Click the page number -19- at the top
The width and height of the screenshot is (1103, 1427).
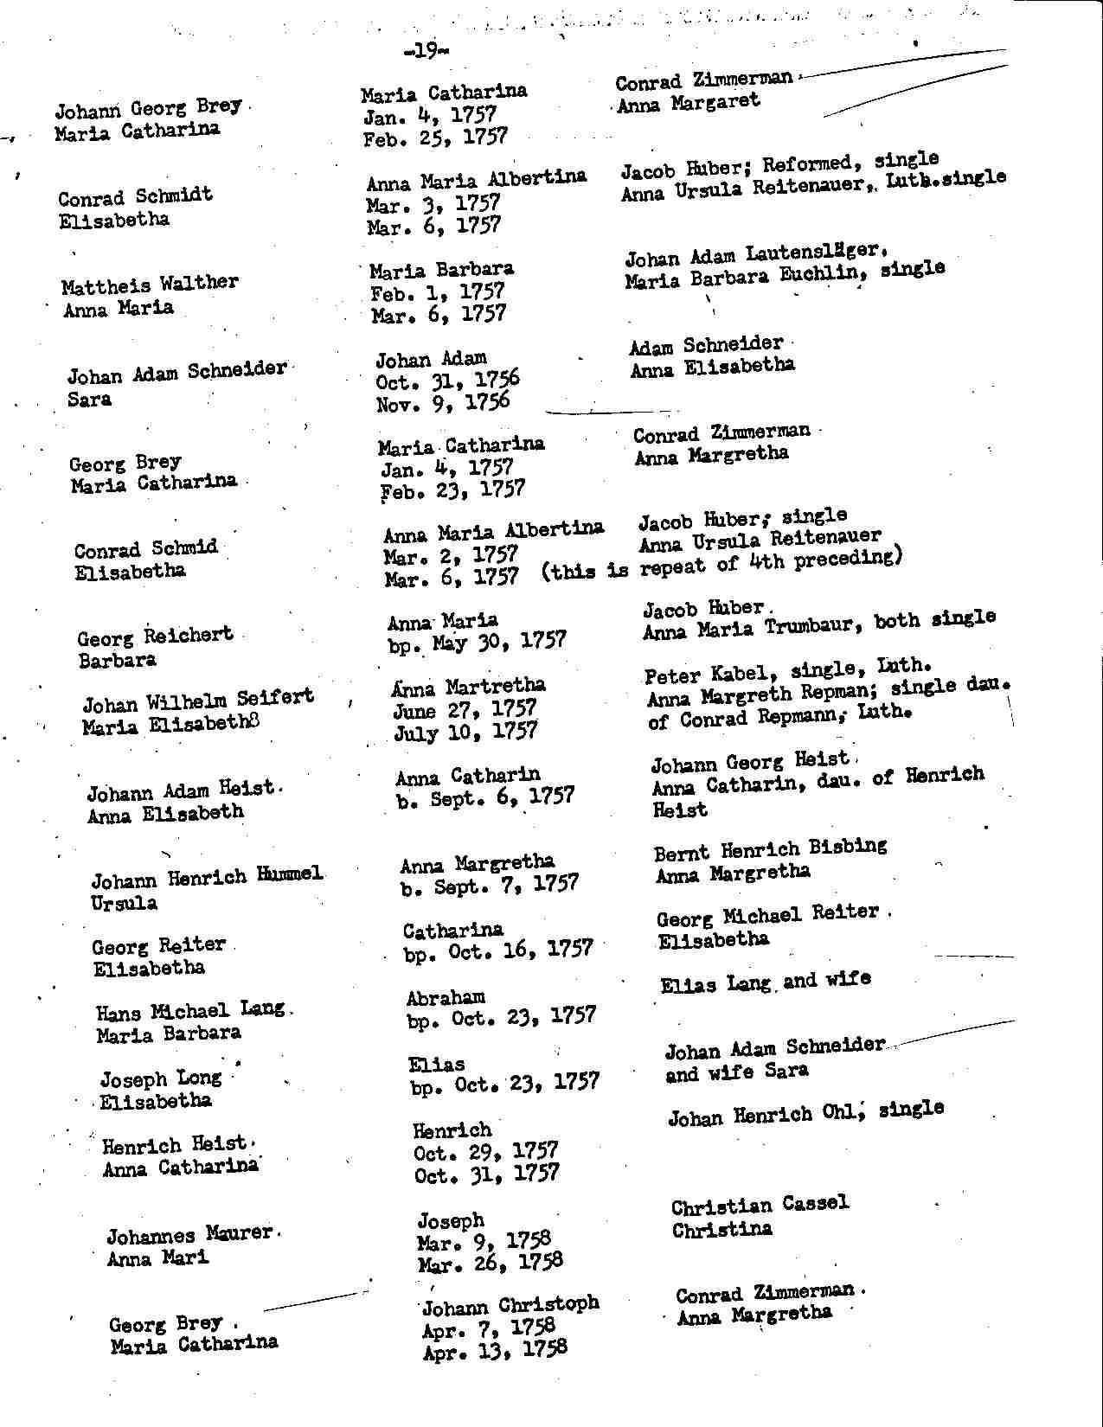pyautogui.click(x=426, y=52)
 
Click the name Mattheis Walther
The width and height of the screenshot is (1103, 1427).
pyautogui.click(x=150, y=285)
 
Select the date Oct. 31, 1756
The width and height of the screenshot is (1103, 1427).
pyautogui.click(x=447, y=381)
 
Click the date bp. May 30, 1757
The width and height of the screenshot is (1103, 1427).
pyautogui.click(x=477, y=642)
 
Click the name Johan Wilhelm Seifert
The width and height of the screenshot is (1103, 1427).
pyautogui.click(x=198, y=700)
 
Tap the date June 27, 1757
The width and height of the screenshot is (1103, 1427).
pyautogui.click(x=465, y=709)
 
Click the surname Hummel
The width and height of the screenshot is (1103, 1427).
pyautogui.click(x=289, y=875)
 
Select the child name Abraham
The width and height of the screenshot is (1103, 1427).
pyautogui.click(x=446, y=998)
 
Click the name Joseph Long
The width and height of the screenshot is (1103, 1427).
pyautogui.click(x=161, y=1078)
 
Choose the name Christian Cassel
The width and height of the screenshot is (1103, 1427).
pyautogui.click(x=760, y=1205)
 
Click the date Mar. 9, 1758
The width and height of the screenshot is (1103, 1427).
pyautogui.click(x=484, y=1242)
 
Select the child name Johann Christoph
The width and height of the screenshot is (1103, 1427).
pyautogui.click(x=510, y=1304)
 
